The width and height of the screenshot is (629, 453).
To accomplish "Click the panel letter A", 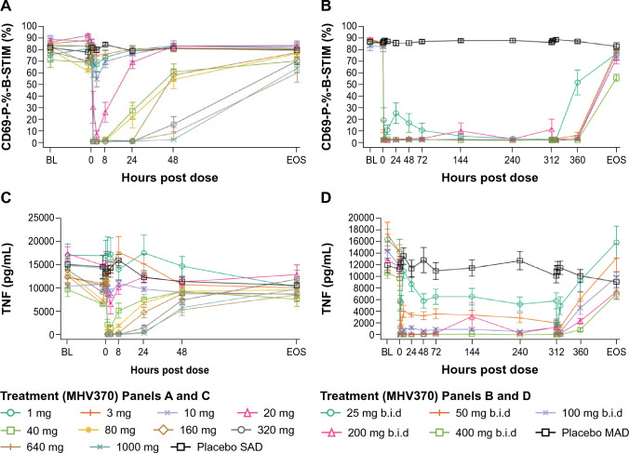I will coord(7,7).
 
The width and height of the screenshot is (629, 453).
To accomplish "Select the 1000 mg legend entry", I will coord(105,446).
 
